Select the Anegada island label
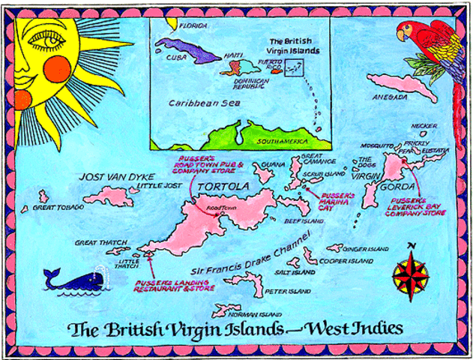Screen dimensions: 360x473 point(391,97)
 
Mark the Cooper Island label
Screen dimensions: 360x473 point(346,261)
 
